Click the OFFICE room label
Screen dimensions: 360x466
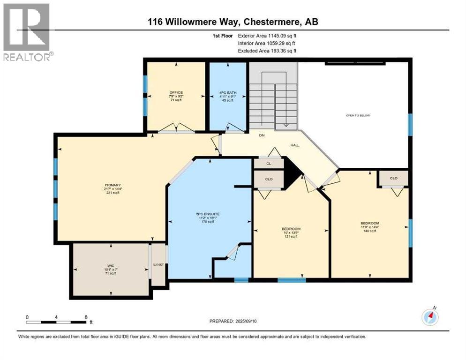click(x=176, y=93)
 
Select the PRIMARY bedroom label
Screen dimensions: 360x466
click(x=109, y=185)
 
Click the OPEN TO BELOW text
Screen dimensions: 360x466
click(x=358, y=115)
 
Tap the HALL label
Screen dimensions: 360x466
click(x=294, y=145)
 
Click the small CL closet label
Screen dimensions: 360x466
click(x=269, y=164)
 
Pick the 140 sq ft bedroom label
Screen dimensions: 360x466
click(x=370, y=223)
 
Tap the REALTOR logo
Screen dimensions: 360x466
click(x=27, y=32)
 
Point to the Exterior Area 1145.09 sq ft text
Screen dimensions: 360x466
click(x=267, y=36)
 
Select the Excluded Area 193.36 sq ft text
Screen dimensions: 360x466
click(x=267, y=51)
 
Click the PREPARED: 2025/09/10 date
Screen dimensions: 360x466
click(x=234, y=321)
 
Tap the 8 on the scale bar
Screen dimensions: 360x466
click(x=86, y=317)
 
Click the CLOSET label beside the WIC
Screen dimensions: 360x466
click(x=158, y=264)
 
